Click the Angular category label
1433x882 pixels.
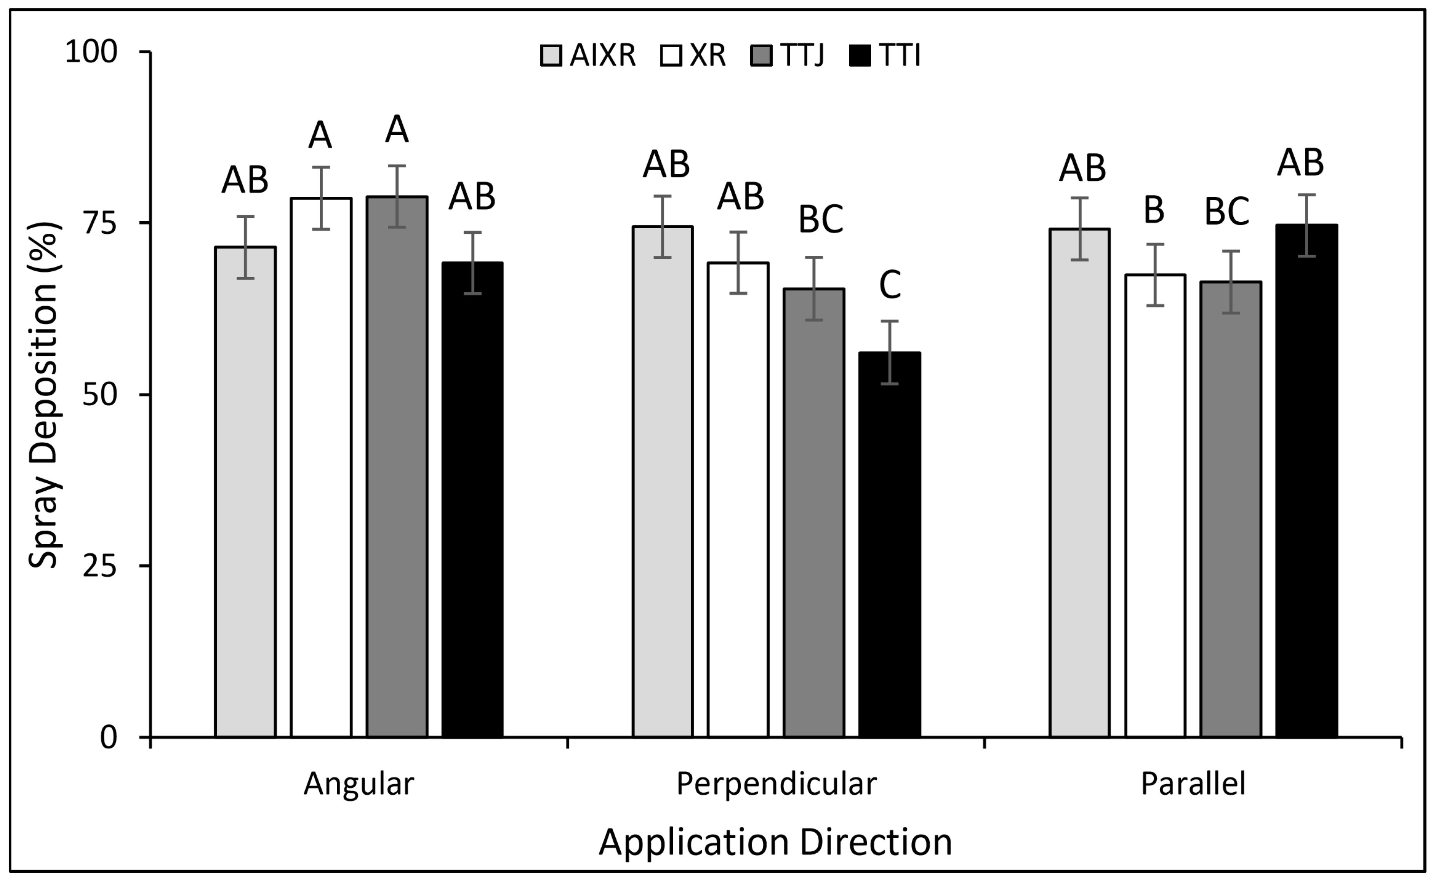(359, 783)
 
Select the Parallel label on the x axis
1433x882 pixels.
(1193, 783)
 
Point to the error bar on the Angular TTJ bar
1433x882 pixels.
(397, 196)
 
